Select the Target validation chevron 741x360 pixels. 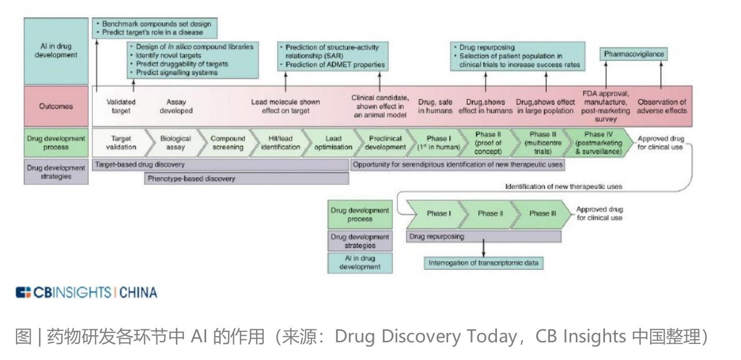(x=120, y=143)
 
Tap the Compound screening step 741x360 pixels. (x=227, y=143)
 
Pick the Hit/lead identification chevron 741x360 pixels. (x=280, y=143)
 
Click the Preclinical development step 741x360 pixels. (x=387, y=143)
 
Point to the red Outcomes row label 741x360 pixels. (x=56, y=106)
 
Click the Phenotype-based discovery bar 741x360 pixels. (x=247, y=179)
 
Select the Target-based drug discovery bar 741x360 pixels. (x=221, y=165)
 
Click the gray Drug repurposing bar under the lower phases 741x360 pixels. (x=483, y=236)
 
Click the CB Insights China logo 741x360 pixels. (x=86, y=292)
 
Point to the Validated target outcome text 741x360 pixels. (x=121, y=106)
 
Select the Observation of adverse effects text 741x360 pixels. (x=662, y=106)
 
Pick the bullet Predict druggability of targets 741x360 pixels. (x=182, y=64)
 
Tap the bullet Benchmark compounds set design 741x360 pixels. (x=156, y=24)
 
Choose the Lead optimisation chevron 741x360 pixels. (x=333, y=143)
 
